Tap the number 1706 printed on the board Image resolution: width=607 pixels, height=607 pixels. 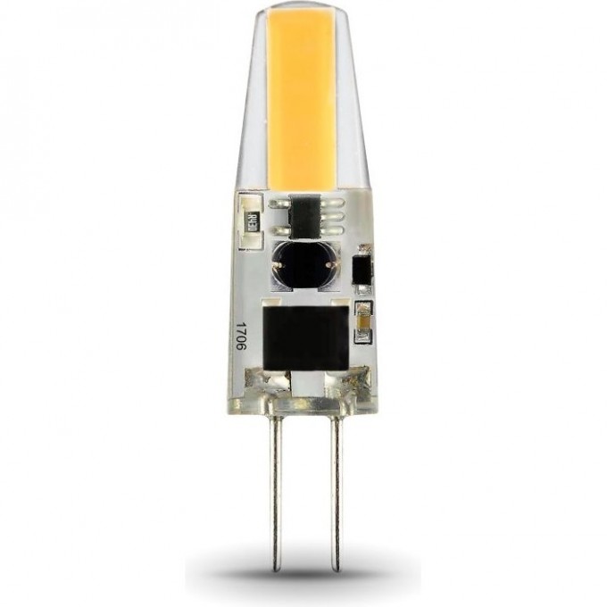tap(251, 339)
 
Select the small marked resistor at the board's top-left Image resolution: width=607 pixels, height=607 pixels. tap(252, 216)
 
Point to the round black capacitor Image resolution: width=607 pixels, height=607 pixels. tap(303, 264)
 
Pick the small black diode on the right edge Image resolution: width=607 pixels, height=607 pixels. tap(362, 272)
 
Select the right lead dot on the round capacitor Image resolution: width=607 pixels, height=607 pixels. tap(328, 264)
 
